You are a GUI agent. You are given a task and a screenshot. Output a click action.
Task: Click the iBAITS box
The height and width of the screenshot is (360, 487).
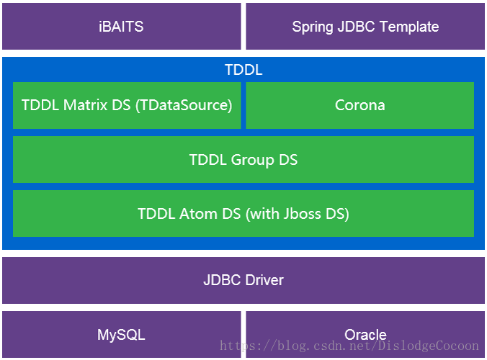[121, 27]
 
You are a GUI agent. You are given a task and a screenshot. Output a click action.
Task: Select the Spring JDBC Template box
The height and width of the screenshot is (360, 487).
[365, 27]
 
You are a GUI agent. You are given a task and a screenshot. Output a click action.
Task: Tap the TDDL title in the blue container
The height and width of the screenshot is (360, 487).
[243, 70]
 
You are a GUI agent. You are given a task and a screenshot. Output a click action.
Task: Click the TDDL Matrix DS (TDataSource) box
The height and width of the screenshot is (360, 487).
[127, 105]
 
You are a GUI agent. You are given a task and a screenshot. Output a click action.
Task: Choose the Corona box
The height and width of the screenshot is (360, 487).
[359, 105]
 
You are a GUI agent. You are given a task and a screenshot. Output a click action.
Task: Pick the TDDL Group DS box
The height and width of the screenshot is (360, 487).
[243, 160]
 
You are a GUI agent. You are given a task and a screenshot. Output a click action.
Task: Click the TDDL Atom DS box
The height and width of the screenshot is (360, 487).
[243, 214]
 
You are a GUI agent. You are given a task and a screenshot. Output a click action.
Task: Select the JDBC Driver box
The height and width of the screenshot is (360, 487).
[243, 280]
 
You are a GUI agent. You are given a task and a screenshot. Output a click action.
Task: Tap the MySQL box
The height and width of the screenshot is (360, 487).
[121, 335]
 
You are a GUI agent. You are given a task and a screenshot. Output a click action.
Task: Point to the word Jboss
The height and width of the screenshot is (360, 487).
[300, 214]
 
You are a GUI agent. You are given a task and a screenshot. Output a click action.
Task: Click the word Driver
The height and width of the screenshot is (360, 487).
[263, 280]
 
